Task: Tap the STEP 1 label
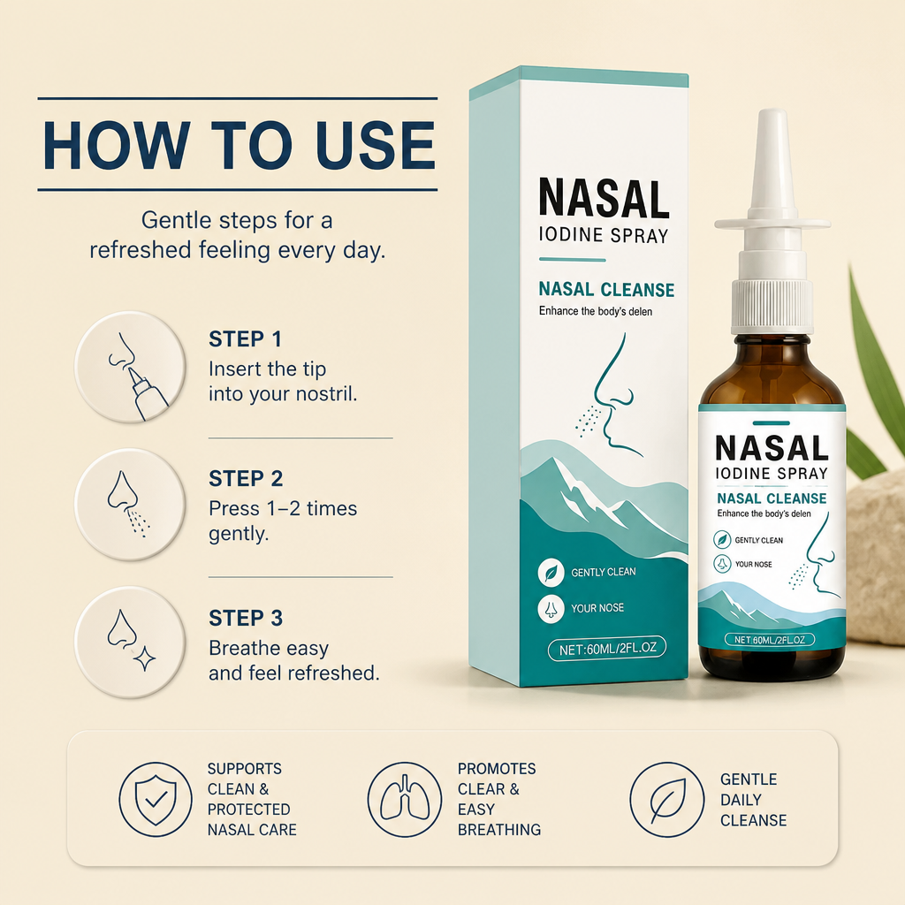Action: click(246, 339)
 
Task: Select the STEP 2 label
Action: click(246, 478)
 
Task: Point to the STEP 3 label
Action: click(246, 618)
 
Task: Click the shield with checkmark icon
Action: click(156, 799)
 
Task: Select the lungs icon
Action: click(405, 799)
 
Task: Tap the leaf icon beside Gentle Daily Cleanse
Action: click(666, 799)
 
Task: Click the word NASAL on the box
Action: click(605, 199)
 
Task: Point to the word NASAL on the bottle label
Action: click(772, 448)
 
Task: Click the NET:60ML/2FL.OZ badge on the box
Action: click(606, 648)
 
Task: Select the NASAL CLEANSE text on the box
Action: click(606, 289)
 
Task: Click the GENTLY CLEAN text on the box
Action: click(603, 572)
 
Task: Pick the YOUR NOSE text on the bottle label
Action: click(753, 564)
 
